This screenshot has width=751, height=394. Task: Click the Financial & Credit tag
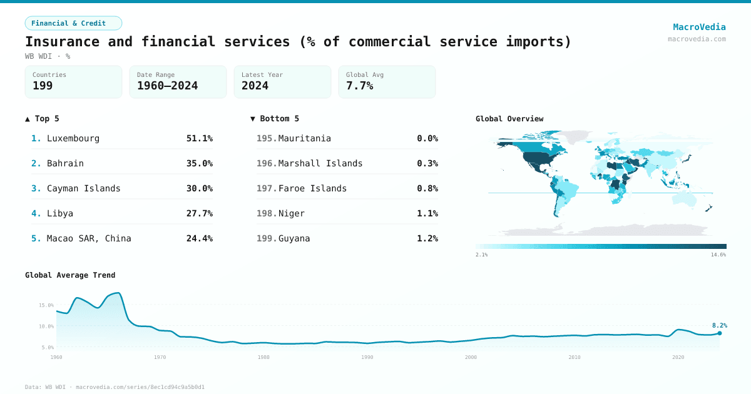[x=73, y=23]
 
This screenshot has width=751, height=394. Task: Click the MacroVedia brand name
[x=699, y=27]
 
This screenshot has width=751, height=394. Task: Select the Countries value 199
[x=43, y=86]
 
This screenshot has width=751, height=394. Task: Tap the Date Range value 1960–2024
[x=167, y=86]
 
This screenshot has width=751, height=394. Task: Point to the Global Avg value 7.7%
[x=359, y=86]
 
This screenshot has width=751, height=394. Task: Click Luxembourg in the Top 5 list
[x=73, y=138]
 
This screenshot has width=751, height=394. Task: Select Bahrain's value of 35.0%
[x=199, y=163]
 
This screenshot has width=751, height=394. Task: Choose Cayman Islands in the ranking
[x=83, y=188]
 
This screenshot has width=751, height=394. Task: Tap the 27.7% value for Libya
[x=199, y=213]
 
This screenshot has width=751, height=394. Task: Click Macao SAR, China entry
[x=89, y=238]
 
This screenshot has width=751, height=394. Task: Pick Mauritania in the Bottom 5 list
[x=304, y=138]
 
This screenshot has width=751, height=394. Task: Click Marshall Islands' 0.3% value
[x=427, y=163]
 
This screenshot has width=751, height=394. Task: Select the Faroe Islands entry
[x=312, y=188]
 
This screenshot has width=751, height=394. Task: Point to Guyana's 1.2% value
[x=427, y=238]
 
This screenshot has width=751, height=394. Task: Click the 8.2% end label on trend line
[x=719, y=325]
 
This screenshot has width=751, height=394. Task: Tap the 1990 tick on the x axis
[x=367, y=357]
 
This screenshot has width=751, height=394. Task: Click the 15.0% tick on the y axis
[x=46, y=305]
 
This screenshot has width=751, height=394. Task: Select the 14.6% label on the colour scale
[x=718, y=255]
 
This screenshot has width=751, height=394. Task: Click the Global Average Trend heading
[x=70, y=275]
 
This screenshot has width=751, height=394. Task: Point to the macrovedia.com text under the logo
[x=697, y=39]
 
